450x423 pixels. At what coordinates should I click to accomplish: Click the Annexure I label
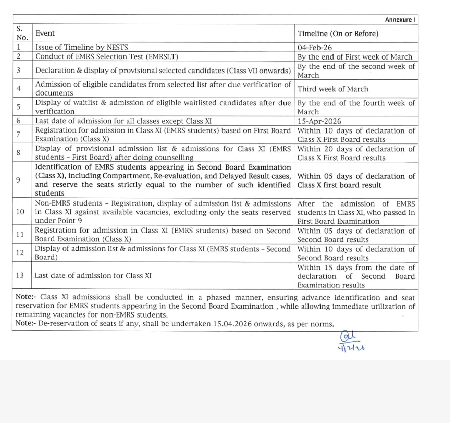point(400,20)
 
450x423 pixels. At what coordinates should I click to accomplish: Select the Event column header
point(45,33)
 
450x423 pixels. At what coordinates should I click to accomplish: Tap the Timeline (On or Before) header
point(338,34)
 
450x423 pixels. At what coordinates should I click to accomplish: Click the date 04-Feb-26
point(315,48)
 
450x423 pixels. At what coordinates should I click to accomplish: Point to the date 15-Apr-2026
point(319,121)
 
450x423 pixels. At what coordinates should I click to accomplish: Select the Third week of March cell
point(333,89)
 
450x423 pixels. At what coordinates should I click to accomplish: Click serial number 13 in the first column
point(20,275)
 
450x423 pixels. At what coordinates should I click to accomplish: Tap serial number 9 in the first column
point(18,180)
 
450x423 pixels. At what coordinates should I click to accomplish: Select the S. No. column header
point(22,33)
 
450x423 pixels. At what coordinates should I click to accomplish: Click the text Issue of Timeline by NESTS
point(82,48)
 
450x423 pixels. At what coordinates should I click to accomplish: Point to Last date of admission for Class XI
point(93,275)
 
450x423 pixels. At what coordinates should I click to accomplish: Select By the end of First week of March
point(355,57)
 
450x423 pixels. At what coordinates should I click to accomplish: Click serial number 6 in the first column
point(19,121)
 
